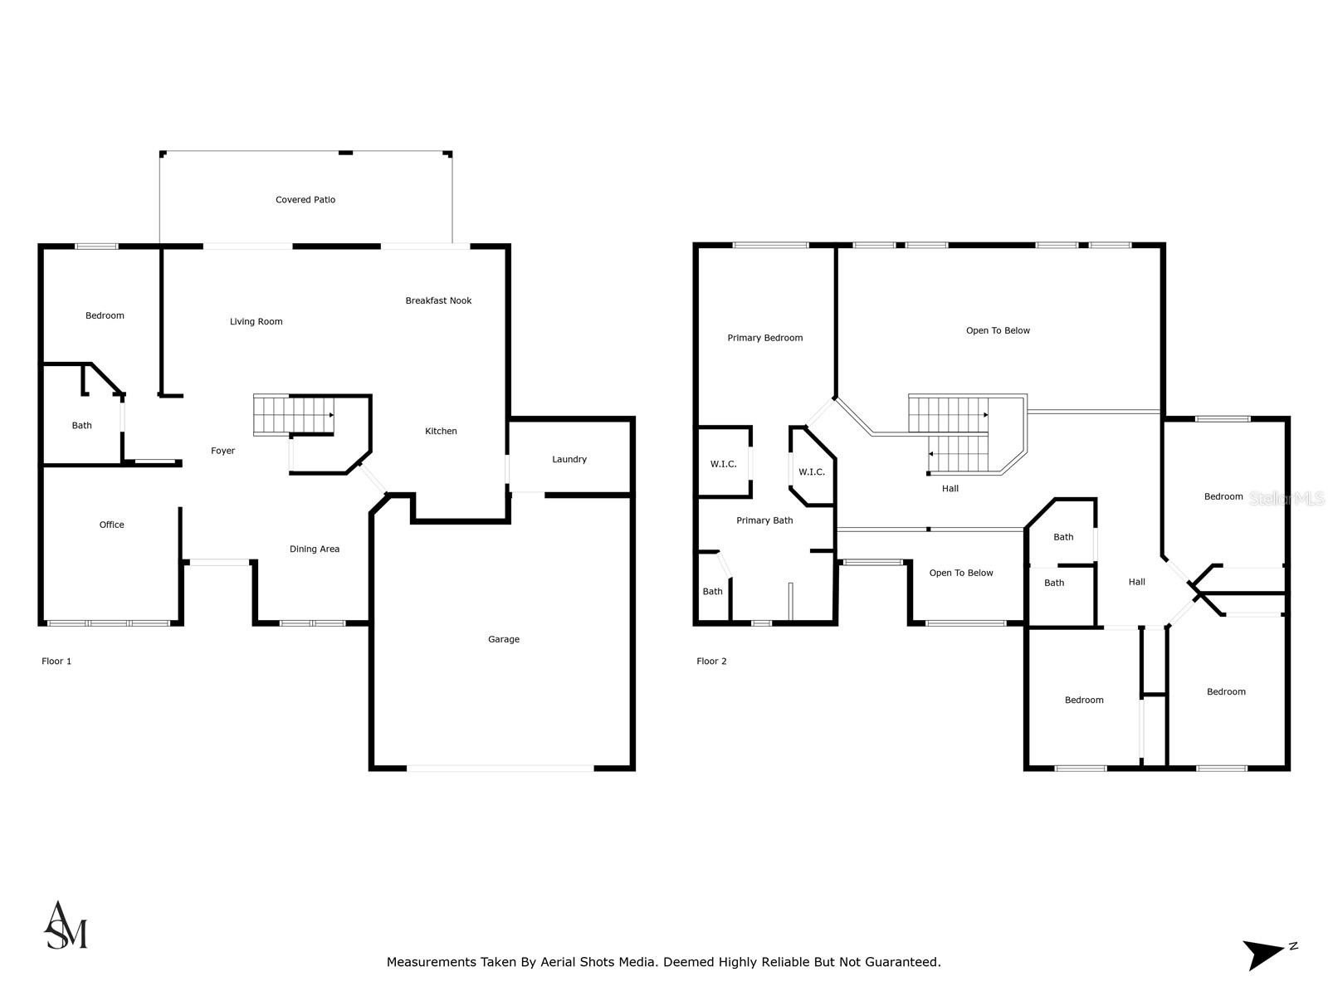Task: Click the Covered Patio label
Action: click(305, 200)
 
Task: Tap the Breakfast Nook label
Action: click(438, 300)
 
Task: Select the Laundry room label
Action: click(569, 459)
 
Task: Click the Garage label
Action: click(504, 639)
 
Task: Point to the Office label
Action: click(111, 525)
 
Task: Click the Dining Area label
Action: click(315, 549)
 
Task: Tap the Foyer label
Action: click(222, 451)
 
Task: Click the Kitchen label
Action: click(441, 431)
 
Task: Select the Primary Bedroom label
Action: click(764, 338)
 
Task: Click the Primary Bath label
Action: click(764, 520)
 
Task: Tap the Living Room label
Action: click(256, 321)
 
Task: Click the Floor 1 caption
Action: click(56, 662)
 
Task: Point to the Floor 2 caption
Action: click(711, 662)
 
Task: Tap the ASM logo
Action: click(66, 925)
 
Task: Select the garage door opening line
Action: click(500, 769)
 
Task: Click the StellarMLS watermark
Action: click(1287, 498)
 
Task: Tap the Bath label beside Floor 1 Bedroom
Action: click(81, 425)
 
